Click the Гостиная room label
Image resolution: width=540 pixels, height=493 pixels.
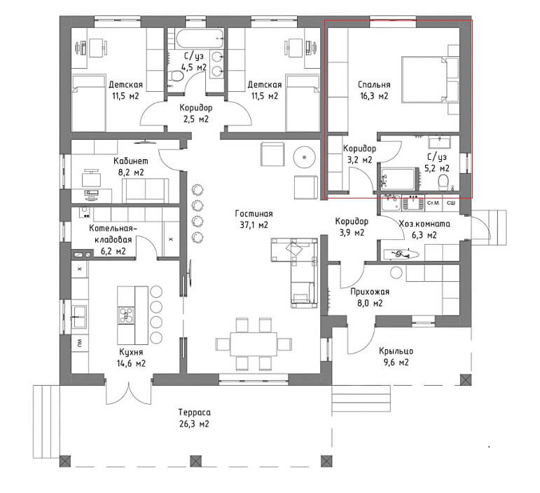(254, 214)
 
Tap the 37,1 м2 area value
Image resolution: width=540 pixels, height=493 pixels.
(254, 225)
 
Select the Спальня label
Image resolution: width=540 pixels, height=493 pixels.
(374, 84)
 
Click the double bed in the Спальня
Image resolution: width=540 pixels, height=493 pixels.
(431, 80)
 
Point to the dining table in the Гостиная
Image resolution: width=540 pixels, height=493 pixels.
(254, 344)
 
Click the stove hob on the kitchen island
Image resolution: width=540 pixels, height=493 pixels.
(126, 315)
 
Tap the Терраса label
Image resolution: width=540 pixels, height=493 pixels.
(195, 412)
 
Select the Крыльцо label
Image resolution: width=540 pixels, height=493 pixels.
(396, 351)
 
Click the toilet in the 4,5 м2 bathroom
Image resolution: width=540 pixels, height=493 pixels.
(176, 76)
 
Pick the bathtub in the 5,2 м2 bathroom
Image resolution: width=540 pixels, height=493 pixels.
(399, 179)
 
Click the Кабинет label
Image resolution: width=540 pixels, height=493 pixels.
(131, 161)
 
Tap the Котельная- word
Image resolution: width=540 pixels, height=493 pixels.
(113, 228)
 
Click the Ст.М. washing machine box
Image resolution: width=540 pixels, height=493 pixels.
(434, 203)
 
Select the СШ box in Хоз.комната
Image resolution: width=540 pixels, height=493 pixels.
(451, 203)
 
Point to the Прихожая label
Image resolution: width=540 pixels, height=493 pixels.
(370, 292)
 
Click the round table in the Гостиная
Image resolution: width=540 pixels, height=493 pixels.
(305, 157)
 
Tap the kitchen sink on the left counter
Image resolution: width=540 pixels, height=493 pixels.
(79, 317)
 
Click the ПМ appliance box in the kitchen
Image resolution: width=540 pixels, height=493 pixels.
(80, 343)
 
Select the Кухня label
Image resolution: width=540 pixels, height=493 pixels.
(131, 352)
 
